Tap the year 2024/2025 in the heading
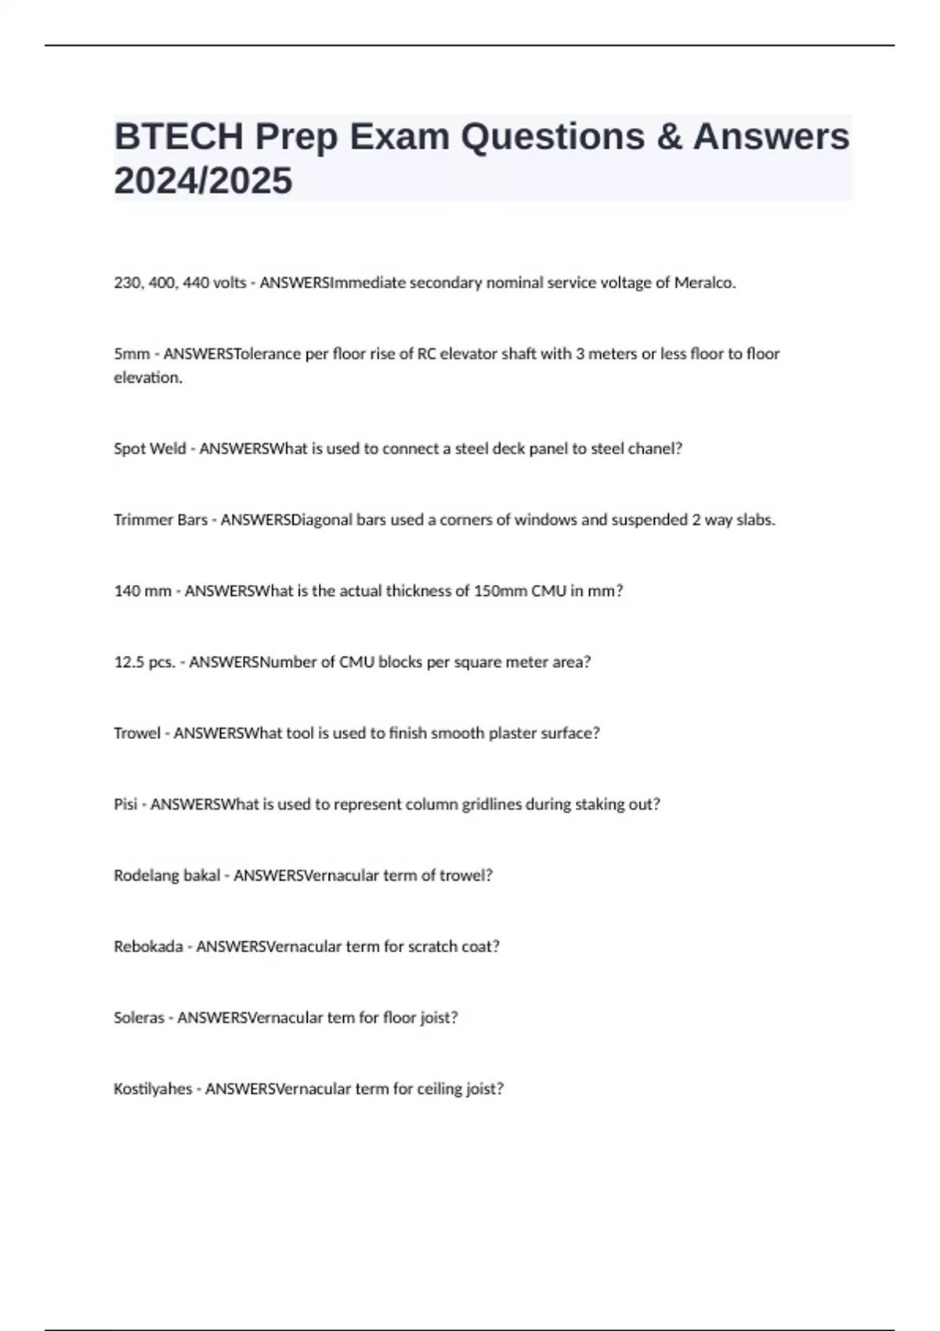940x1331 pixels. (203, 181)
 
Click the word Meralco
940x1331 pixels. (704, 283)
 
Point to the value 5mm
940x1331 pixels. (132, 354)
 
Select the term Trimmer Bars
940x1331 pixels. (161, 520)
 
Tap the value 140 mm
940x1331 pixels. (143, 591)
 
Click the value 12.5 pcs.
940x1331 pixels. (145, 662)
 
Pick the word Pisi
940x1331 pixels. (125, 804)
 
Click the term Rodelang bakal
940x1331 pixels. (167, 875)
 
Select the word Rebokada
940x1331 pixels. (148, 947)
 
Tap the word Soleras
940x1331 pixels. (139, 1018)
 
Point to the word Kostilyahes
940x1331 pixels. (153, 1089)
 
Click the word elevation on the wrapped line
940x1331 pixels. (147, 377)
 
